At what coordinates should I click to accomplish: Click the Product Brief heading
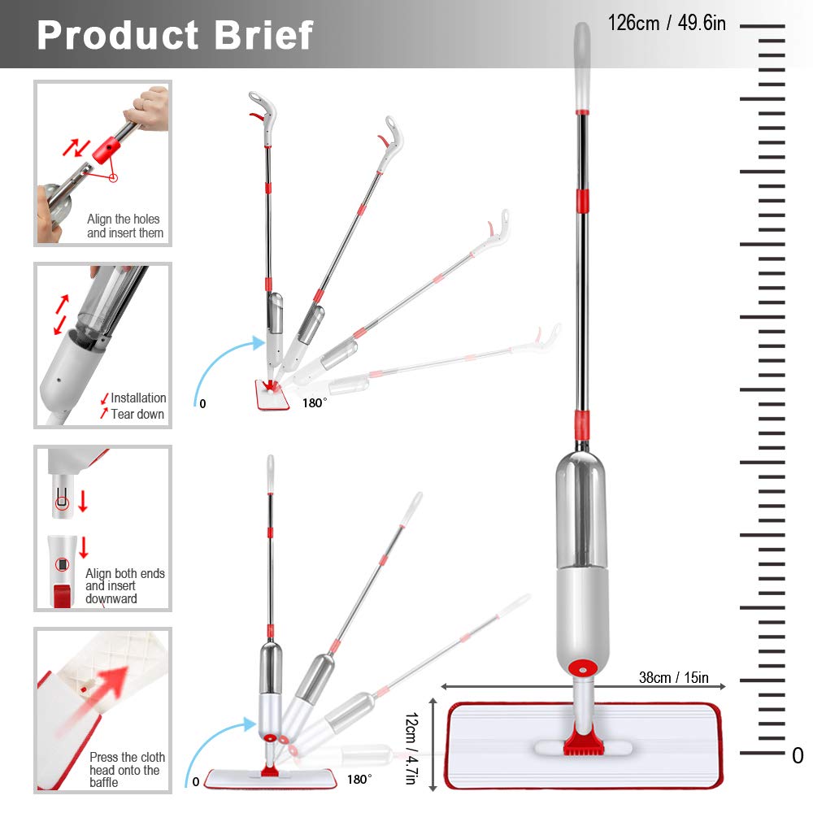click(x=175, y=34)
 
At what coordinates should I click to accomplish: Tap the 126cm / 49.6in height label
click(x=667, y=23)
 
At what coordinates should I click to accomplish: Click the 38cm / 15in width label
click(x=673, y=677)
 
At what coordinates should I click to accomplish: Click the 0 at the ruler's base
click(x=797, y=755)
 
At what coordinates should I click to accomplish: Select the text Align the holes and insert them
click(x=124, y=226)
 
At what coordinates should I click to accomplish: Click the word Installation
click(x=138, y=398)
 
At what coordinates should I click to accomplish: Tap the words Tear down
click(x=137, y=414)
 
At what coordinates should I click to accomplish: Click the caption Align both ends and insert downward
click(x=124, y=585)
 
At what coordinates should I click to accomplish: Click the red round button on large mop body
click(x=581, y=667)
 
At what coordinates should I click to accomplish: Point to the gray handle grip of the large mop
click(x=582, y=65)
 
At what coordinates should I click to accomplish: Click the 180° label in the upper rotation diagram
click(x=315, y=402)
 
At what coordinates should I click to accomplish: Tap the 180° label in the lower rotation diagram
click(x=359, y=779)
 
